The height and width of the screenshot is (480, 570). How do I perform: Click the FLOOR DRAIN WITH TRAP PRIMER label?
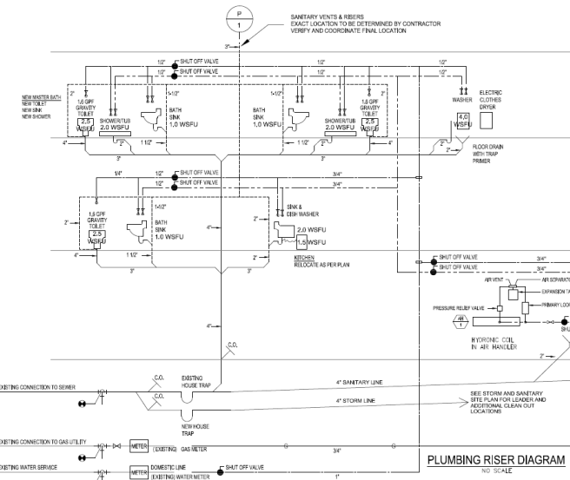488,154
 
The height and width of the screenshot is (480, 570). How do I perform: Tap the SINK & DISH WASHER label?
302,210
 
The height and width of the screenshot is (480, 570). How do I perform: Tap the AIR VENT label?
494,280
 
